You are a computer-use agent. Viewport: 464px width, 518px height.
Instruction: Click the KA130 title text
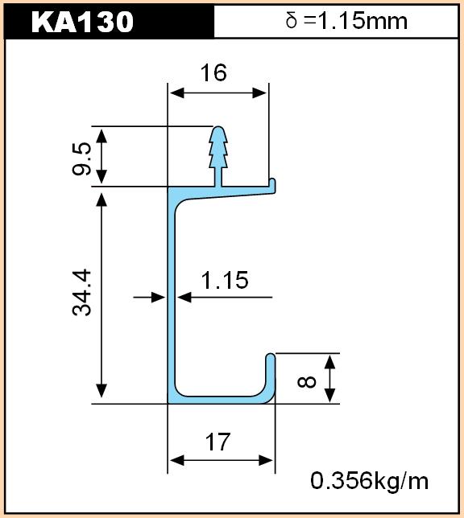coord(82,22)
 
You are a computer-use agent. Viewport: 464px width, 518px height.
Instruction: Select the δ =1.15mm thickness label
coord(346,20)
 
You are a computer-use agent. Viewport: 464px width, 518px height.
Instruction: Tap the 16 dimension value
coord(213,73)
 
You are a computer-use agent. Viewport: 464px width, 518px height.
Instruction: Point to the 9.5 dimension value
coord(81,158)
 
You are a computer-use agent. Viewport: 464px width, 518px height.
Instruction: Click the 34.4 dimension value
coord(81,292)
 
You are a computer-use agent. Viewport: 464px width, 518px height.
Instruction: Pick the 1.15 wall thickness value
coord(225,280)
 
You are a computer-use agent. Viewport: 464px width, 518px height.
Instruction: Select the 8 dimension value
coord(307,382)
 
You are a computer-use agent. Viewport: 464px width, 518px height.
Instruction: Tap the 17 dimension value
coord(217,442)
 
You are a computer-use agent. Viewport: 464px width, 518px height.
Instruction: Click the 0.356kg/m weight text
coord(369,481)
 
